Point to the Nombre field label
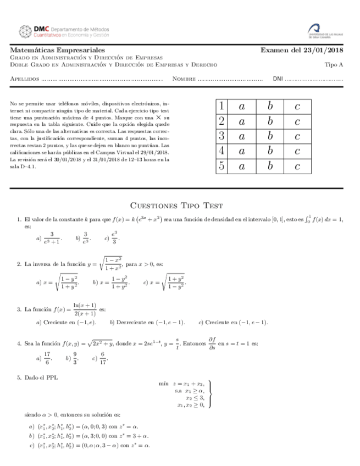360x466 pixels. (x=184, y=79)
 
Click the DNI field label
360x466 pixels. (x=278, y=79)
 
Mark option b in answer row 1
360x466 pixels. (x=270, y=106)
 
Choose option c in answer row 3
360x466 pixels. (x=297, y=136)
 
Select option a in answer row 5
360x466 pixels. (x=242, y=166)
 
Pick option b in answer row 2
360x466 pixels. (x=270, y=121)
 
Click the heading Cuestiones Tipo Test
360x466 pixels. (x=176, y=206)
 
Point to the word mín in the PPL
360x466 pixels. (x=163, y=383)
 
